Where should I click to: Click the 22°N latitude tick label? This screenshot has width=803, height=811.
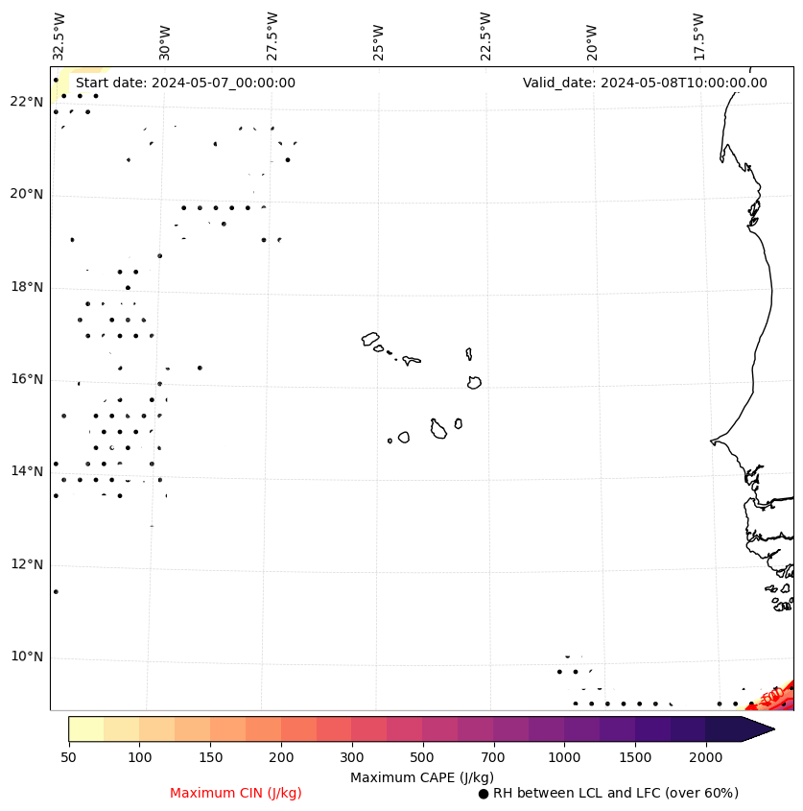pyautogui.click(x=26, y=103)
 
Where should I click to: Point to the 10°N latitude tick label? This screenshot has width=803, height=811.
pyautogui.click(x=26, y=657)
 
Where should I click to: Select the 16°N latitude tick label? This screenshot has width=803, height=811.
pyautogui.click(x=26, y=380)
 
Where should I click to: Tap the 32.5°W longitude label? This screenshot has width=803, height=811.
pyautogui.click(x=59, y=36)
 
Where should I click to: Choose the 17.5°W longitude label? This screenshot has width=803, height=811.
pyautogui.click(x=698, y=36)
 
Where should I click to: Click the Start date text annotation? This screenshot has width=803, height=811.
pyautogui.click(x=185, y=83)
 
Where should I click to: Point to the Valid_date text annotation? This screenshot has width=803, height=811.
pyautogui.click(x=645, y=83)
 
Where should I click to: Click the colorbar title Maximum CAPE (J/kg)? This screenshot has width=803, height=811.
pyautogui.click(x=421, y=777)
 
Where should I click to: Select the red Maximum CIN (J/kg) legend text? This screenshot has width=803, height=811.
pyautogui.click(x=236, y=794)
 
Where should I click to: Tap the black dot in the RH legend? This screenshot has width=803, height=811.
pyautogui.click(x=483, y=794)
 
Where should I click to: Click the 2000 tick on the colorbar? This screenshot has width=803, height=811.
pyautogui.click(x=706, y=757)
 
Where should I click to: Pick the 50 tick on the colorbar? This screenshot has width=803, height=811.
pyautogui.click(x=68, y=757)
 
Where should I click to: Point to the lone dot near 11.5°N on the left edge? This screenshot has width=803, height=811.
pyautogui.click(x=56, y=592)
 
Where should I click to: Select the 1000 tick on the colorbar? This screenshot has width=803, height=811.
pyautogui.click(x=564, y=757)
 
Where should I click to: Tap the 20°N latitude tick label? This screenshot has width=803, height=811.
pyautogui.click(x=26, y=195)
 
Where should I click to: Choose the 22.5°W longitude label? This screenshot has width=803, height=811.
pyautogui.click(x=485, y=36)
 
